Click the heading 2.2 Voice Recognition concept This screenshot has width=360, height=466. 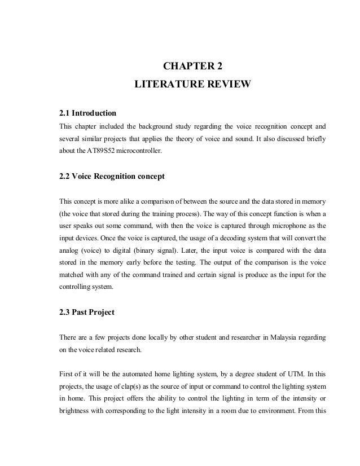(x=112, y=177)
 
